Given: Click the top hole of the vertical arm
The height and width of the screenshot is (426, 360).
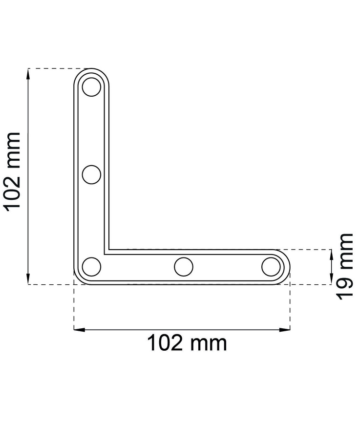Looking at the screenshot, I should click(91, 88).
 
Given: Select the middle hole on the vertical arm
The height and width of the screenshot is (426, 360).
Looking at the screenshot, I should click(91, 174).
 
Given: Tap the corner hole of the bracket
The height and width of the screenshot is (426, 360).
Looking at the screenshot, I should click(91, 267).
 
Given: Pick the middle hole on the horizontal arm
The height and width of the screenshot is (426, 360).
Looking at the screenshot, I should click(183, 267).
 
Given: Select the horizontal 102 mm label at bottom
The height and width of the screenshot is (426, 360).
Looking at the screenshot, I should click(187, 343).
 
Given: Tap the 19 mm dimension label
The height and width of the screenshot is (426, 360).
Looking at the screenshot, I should click(345, 267).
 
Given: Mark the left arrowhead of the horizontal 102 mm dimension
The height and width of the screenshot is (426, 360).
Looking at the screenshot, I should click(78, 330).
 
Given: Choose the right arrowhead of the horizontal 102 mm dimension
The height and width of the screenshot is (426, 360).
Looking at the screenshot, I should click(286, 330).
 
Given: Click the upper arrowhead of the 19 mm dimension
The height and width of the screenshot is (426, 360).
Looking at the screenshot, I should click(332, 253).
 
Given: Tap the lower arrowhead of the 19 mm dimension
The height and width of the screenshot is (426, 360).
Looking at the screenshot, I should click(332, 281).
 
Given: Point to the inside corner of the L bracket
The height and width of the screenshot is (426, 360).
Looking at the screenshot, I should click(108, 250).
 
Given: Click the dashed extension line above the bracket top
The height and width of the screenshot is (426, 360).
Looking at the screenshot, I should click(54, 68).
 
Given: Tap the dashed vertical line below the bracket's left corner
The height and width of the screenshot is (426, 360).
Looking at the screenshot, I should click(74, 308).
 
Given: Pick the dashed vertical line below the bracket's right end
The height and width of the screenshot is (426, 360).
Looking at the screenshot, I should click(290, 308).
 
